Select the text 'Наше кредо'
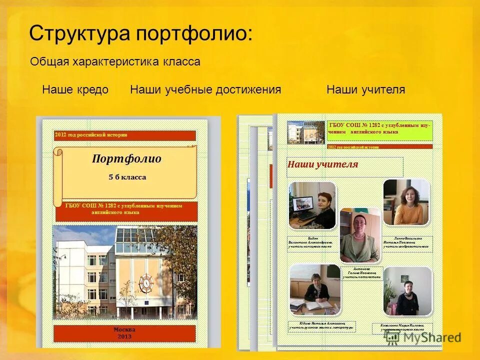click(75, 90)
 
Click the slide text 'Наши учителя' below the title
click(365, 90)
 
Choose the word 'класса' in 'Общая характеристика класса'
click(181, 62)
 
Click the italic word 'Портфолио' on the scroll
click(126, 159)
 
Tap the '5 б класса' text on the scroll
click(127, 177)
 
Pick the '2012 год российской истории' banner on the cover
click(125, 135)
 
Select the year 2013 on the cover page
click(124, 336)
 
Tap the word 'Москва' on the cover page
click(124, 330)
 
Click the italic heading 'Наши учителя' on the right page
click(322, 164)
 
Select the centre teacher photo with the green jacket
click(359, 235)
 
